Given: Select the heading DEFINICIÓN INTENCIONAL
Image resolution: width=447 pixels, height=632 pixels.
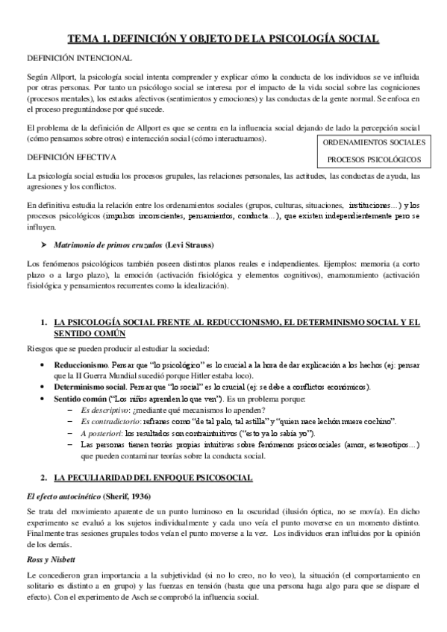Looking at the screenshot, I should (x=80, y=58).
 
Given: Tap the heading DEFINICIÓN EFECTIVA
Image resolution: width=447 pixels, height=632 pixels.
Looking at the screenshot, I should (x=72, y=157).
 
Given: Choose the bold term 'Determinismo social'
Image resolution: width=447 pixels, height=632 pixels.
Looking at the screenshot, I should (x=90, y=388).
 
